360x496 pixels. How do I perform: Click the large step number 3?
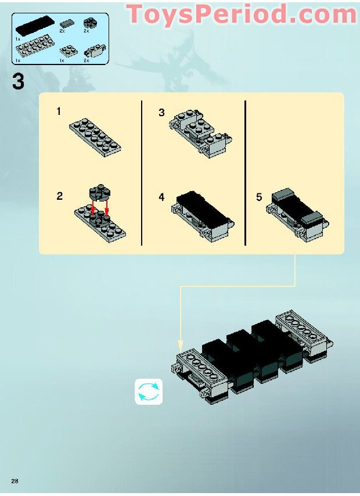click(x=18, y=81)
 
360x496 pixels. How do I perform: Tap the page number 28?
click(x=14, y=479)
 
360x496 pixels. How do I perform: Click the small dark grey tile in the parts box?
click(x=67, y=23)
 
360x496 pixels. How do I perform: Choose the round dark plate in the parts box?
click(x=91, y=23)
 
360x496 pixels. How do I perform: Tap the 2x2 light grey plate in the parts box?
click(x=69, y=51)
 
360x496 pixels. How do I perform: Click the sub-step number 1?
click(x=59, y=112)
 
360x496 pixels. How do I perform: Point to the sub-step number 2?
click(x=59, y=196)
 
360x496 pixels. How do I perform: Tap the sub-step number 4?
click(x=161, y=197)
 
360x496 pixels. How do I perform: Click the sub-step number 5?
click(x=259, y=197)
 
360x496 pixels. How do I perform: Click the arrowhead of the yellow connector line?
click(x=181, y=344)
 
